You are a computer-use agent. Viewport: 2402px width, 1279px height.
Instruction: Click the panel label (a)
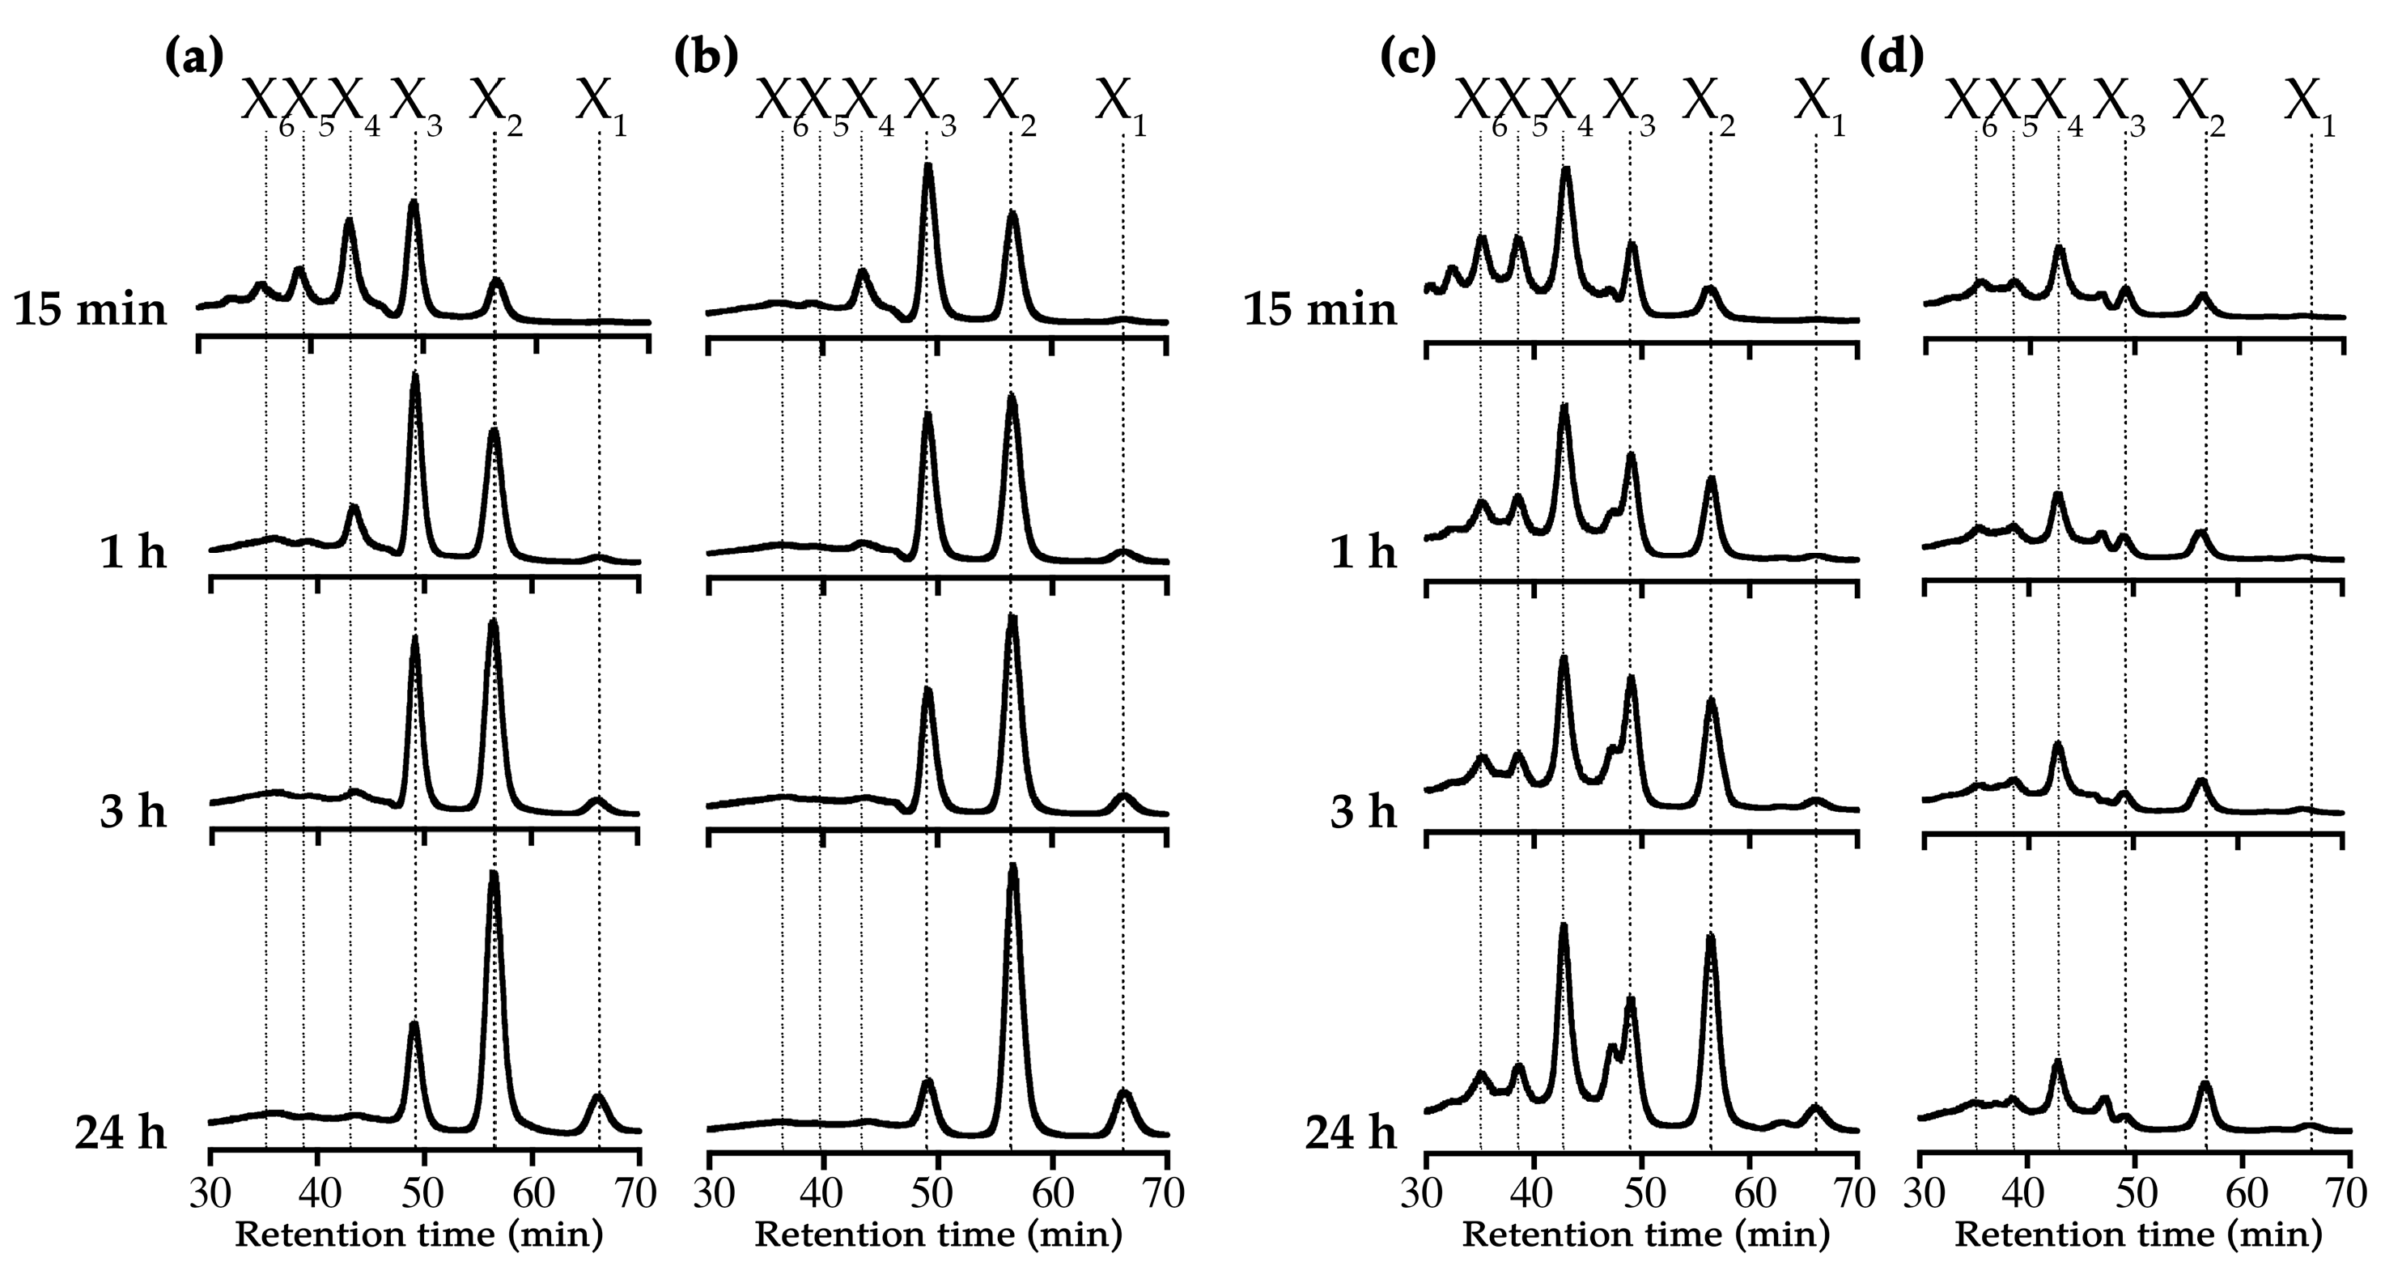[x=195, y=57]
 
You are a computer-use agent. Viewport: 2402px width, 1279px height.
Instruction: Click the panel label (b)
[x=706, y=57]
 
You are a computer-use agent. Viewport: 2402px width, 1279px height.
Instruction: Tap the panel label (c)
[x=1407, y=57]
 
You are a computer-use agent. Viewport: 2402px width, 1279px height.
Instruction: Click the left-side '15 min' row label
[x=91, y=308]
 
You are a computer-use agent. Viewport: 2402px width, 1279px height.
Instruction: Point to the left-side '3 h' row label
[x=134, y=812]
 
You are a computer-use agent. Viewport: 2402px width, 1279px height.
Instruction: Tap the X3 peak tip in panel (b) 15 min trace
[x=927, y=168]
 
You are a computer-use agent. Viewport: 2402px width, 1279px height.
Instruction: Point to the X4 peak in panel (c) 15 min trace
[x=1567, y=172]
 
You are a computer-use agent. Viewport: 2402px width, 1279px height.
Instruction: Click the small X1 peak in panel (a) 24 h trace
[x=599, y=1097]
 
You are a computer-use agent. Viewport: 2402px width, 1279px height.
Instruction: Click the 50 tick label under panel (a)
[x=424, y=1193]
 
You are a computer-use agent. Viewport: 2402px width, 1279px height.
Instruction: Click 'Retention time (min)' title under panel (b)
[x=938, y=1235]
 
